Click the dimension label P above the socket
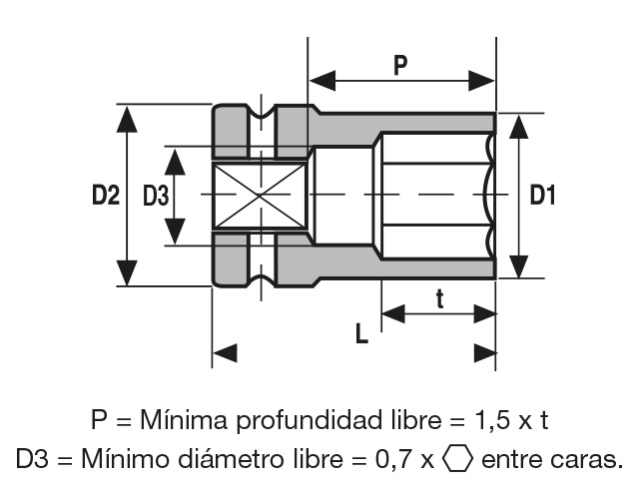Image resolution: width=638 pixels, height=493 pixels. click(x=400, y=66)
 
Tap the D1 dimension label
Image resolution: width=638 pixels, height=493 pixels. click(x=542, y=195)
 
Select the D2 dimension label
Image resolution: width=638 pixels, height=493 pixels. click(x=106, y=195)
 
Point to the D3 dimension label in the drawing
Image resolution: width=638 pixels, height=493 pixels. click(x=156, y=196)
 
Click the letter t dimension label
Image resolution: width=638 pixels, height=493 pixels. click(x=440, y=299)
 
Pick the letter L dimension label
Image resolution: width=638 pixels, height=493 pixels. click(x=361, y=333)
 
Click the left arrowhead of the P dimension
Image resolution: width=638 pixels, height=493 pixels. click(x=322, y=81)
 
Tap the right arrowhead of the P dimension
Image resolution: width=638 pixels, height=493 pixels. click(x=481, y=81)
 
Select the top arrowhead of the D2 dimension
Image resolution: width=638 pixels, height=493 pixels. click(x=127, y=119)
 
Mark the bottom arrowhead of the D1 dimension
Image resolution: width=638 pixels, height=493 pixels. click(x=519, y=266)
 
